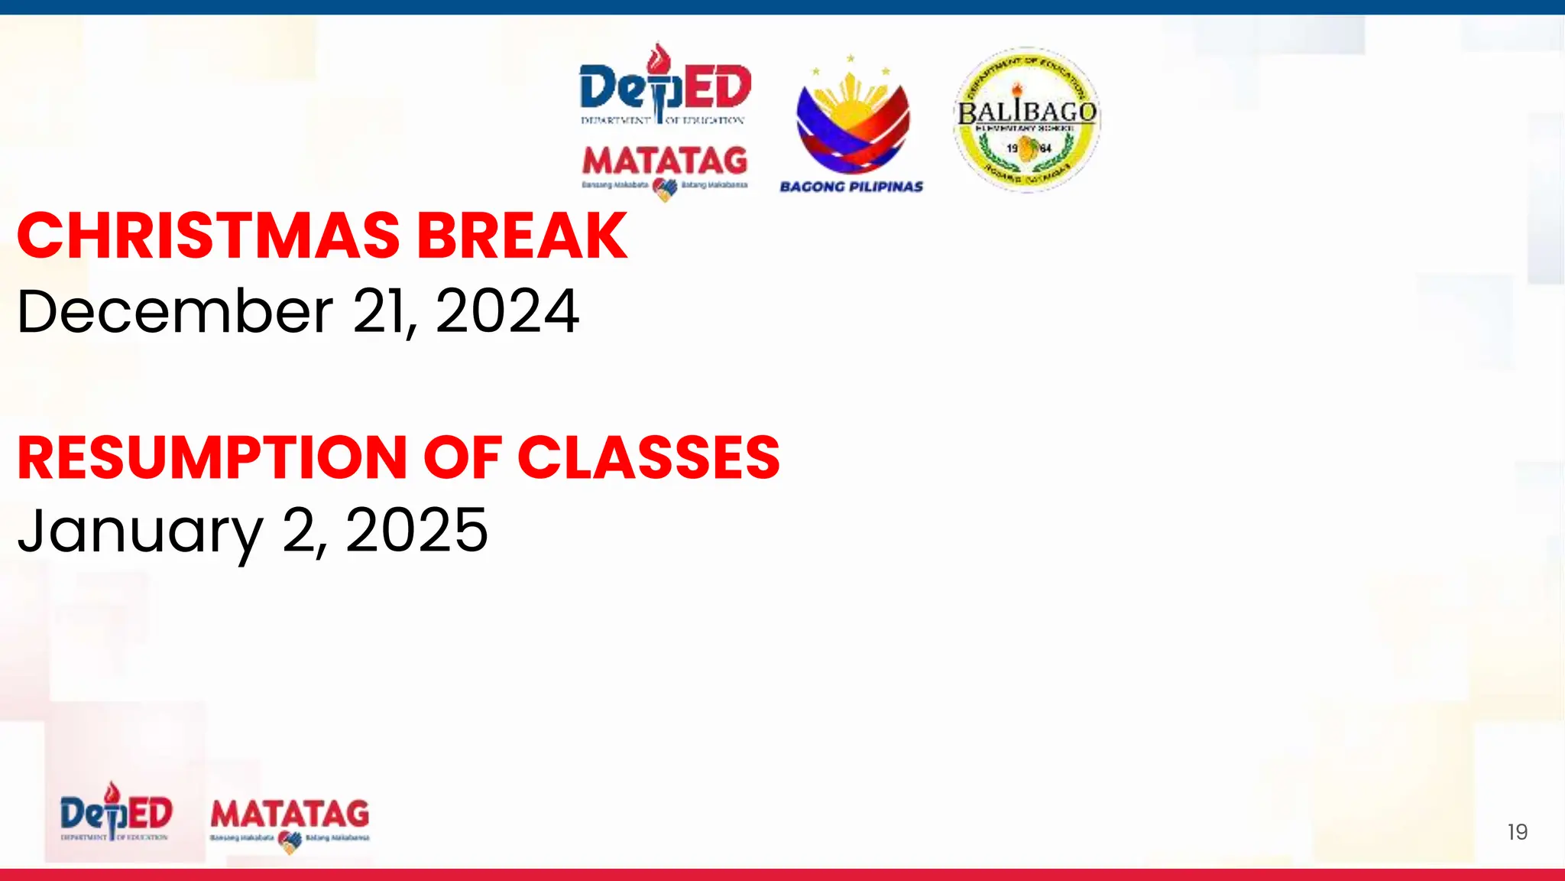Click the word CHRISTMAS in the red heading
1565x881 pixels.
click(x=208, y=236)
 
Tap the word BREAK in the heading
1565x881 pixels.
click(x=523, y=236)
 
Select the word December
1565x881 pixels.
click(x=175, y=311)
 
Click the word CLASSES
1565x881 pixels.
click(x=649, y=458)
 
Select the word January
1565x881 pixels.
click(x=140, y=532)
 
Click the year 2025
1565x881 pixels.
click(x=416, y=530)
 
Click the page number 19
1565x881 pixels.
click(x=1517, y=832)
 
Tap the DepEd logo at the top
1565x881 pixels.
click(x=665, y=87)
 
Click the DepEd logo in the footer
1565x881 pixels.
click(x=116, y=814)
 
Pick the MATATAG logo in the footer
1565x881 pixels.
click(x=290, y=821)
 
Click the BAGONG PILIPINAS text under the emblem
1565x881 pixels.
click(x=851, y=187)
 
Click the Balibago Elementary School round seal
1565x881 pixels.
click(x=1026, y=119)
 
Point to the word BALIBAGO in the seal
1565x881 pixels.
click(x=1026, y=112)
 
